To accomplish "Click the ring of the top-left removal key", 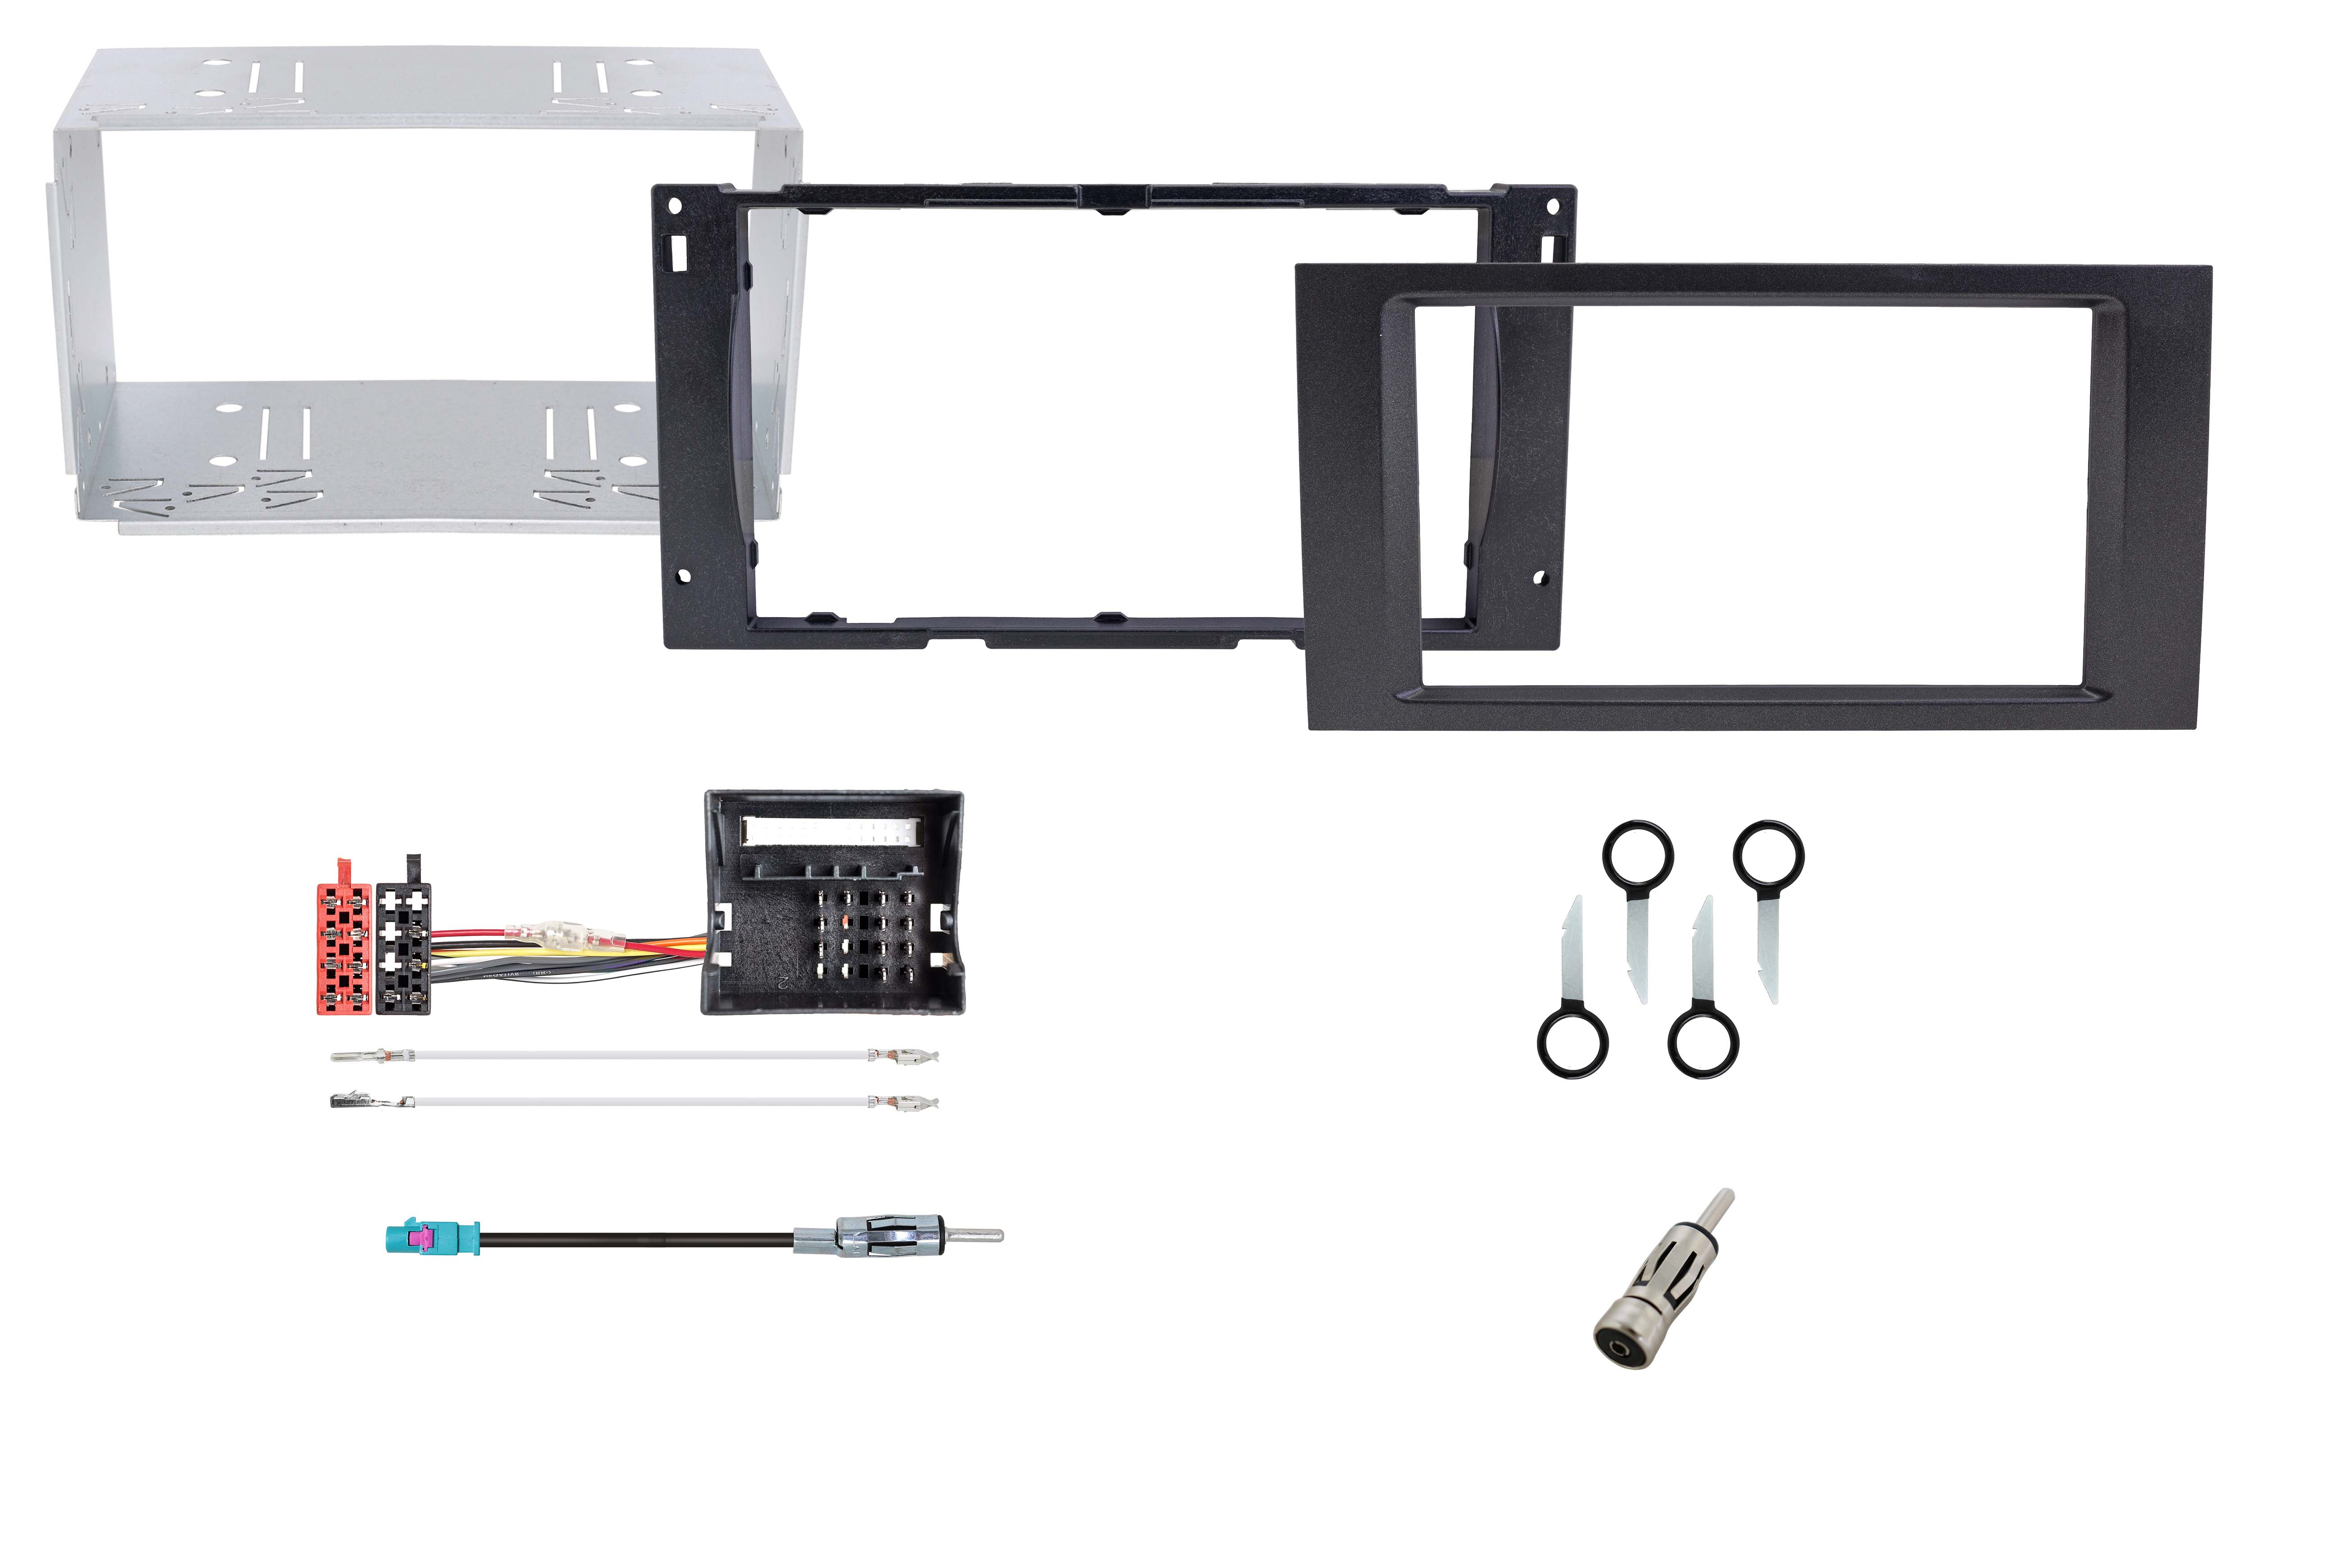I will pyautogui.click(x=1638, y=855).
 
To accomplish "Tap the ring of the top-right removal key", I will pyautogui.click(x=1769, y=855).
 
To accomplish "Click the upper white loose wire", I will pyautogui.click(x=636, y=1055).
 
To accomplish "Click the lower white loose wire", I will pyautogui.click(x=636, y=1102).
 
